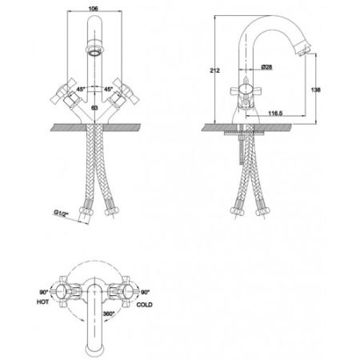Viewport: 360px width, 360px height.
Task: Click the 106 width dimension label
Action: click(x=93, y=9)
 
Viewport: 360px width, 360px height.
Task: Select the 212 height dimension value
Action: click(x=214, y=70)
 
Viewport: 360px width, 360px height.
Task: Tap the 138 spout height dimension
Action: click(x=315, y=90)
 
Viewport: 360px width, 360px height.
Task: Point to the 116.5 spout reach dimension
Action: click(x=275, y=113)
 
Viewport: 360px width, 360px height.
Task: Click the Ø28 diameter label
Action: click(x=266, y=66)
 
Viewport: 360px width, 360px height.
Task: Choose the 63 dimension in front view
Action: click(x=94, y=108)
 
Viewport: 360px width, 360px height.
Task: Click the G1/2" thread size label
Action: click(x=62, y=214)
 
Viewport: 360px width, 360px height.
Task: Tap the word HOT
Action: click(x=42, y=302)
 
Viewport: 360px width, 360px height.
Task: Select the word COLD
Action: click(x=144, y=305)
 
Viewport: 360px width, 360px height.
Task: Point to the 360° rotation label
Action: click(x=109, y=314)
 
